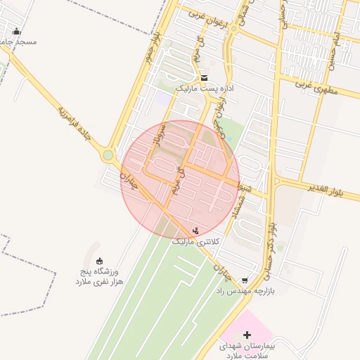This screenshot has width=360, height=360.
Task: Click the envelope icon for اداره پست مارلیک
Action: pyautogui.click(x=204, y=77)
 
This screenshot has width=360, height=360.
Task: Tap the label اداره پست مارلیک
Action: pyautogui.click(x=200, y=89)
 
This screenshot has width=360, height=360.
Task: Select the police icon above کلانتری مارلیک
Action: pyautogui.click(x=195, y=230)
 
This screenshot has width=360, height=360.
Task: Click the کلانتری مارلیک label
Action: pyautogui.click(x=196, y=241)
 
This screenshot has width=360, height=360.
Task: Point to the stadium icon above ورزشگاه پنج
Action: pyautogui.click(x=99, y=261)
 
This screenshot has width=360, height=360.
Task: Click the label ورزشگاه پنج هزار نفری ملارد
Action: pyautogui.click(x=99, y=276)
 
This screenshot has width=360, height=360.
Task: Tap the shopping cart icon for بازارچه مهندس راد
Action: pyautogui.click(x=244, y=280)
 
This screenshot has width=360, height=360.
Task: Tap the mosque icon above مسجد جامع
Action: pyautogui.click(x=17, y=31)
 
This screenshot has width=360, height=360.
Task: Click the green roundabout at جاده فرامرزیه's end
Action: pyautogui.click(x=108, y=155)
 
